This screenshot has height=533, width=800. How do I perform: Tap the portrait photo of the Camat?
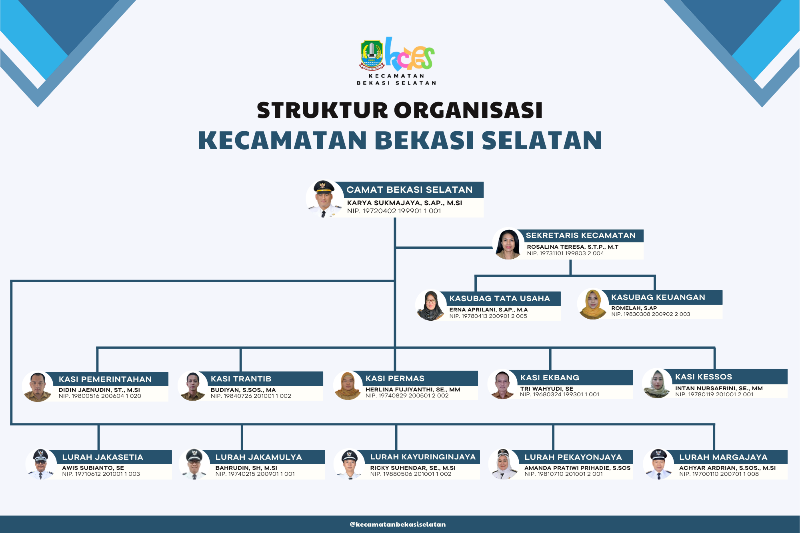(324, 199)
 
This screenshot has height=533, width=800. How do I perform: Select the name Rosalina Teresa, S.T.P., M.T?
(572, 247)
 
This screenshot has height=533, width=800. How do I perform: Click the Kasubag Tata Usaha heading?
(500, 298)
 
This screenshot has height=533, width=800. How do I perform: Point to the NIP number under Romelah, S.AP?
(650, 314)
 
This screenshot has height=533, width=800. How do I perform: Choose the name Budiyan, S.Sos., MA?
(243, 390)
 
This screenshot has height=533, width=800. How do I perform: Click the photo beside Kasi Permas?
(348, 385)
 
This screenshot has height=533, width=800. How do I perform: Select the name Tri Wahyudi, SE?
(546, 389)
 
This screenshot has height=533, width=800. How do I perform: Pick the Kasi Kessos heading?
(704, 377)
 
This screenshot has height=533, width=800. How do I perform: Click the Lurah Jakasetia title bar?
(110, 457)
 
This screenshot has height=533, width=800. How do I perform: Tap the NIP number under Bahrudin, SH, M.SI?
(255, 474)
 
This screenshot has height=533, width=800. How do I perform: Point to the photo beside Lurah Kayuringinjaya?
(349, 464)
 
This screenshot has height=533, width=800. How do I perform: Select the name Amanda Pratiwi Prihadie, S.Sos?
(577, 468)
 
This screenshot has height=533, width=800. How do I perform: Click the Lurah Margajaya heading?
(723, 457)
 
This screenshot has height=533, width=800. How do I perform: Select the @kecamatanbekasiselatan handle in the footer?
(398, 524)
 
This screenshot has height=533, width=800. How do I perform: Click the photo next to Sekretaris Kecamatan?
(508, 244)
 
